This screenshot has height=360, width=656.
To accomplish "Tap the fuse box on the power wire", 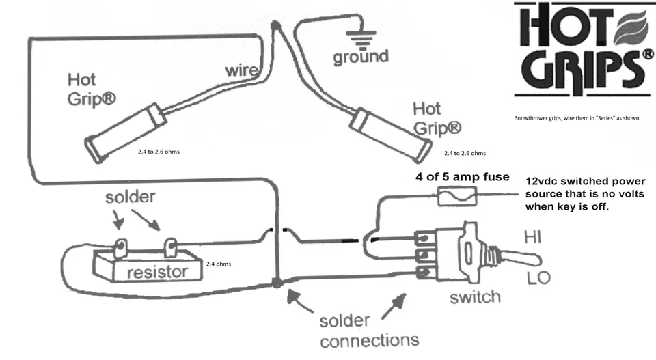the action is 457,196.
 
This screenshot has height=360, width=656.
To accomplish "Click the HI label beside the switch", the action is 532,237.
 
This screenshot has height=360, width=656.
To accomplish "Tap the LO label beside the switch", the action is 538,277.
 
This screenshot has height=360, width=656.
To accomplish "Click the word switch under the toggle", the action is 476,297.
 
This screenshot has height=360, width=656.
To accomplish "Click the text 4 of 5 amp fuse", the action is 463,177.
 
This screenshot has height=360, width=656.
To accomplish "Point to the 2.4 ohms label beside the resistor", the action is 219,264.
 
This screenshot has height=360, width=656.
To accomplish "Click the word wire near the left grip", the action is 241,70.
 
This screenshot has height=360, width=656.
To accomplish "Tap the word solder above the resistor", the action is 130,197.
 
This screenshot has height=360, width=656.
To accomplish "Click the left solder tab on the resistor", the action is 120,248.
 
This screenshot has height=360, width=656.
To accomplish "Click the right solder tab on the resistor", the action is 170,248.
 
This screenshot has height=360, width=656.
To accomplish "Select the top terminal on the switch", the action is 424,238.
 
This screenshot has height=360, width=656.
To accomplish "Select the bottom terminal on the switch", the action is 424,273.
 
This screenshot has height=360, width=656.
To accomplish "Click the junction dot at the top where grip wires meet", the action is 275,26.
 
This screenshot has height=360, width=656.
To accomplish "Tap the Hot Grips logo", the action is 584,49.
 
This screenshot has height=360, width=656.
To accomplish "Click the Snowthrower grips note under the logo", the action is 577,118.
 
